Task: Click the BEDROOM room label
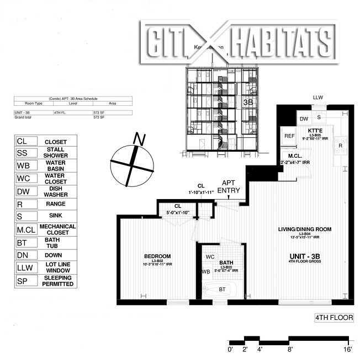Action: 157,256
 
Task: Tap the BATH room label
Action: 226,263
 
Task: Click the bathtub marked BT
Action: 222,289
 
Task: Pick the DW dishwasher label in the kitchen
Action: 304,119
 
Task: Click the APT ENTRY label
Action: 229,186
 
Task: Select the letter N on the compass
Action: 141,140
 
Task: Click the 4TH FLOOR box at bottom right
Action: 333,318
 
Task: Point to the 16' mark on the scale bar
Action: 347,349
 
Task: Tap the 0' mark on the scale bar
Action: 230,349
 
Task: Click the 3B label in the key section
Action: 247,102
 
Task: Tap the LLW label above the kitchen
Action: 317,98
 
